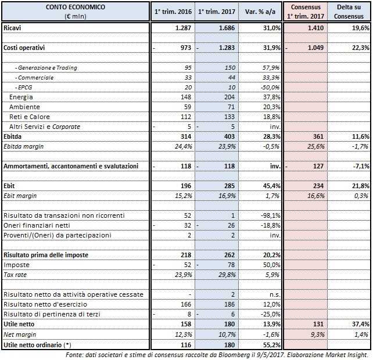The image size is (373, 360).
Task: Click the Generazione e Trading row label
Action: (x=46, y=67)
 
